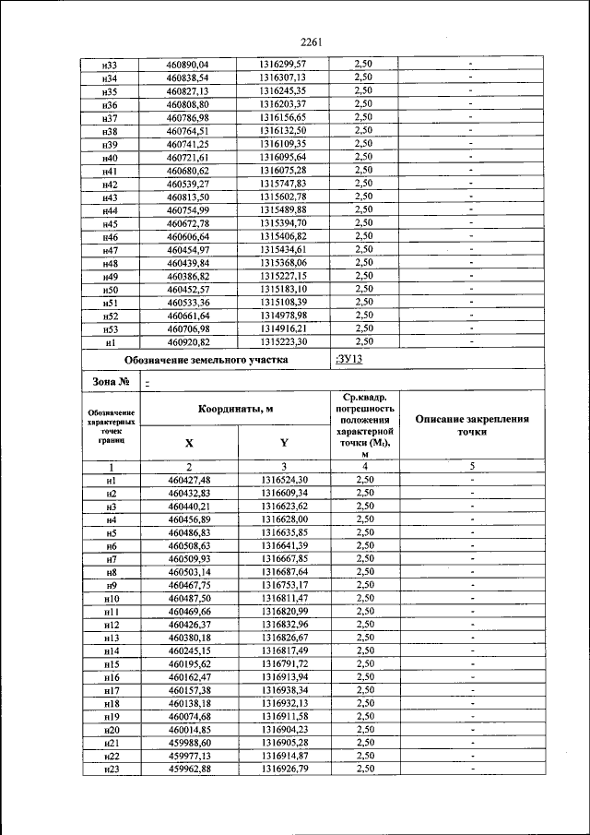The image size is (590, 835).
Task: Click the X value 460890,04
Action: (188, 64)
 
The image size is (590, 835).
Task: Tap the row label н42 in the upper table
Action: (110, 185)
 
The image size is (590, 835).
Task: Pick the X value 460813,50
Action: (188, 197)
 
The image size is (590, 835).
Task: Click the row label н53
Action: (110, 329)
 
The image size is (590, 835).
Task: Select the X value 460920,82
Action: (188, 342)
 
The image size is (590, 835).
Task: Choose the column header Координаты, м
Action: (235, 409)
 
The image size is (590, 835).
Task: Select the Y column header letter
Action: (283, 442)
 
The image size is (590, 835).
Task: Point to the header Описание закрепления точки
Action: (471, 425)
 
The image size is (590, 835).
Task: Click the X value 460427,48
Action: (190, 480)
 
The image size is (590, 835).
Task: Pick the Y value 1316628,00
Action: (283, 519)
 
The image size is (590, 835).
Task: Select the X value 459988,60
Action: (190, 742)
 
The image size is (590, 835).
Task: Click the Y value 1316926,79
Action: (283, 769)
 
